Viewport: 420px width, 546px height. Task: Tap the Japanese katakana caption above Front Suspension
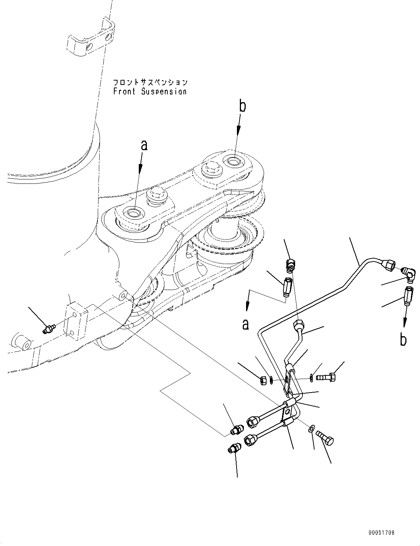(150, 82)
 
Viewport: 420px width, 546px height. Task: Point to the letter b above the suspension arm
(242, 106)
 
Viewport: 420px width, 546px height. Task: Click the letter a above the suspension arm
(144, 145)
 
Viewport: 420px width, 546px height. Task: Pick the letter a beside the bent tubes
(245, 324)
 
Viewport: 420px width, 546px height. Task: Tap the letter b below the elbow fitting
(403, 339)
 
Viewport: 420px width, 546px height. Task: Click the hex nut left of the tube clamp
(263, 380)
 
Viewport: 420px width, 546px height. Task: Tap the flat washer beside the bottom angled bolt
(311, 428)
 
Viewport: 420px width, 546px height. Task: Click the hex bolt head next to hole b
(212, 168)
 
